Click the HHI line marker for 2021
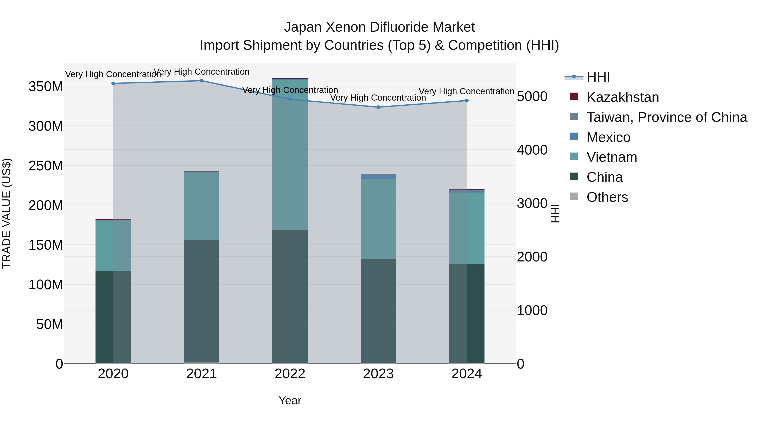(x=202, y=81)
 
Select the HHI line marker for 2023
(x=378, y=107)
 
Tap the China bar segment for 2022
(x=290, y=296)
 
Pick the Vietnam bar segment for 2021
(x=202, y=206)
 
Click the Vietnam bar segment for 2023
(x=378, y=219)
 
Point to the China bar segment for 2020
(x=113, y=317)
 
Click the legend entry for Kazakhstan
(x=622, y=97)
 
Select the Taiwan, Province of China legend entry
(x=666, y=117)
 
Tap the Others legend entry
(x=607, y=197)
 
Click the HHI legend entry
(x=598, y=77)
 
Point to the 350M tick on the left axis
(x=46, y=87)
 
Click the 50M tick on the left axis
(x=50, y=324)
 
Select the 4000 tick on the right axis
(x=532, y=150)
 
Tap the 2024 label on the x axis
(x=467, y=374)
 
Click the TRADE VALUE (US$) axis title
(x=7, y=213)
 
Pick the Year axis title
(x=290, y=400)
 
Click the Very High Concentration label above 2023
(x=378, y=98)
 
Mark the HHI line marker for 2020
(x=113, y=83)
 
